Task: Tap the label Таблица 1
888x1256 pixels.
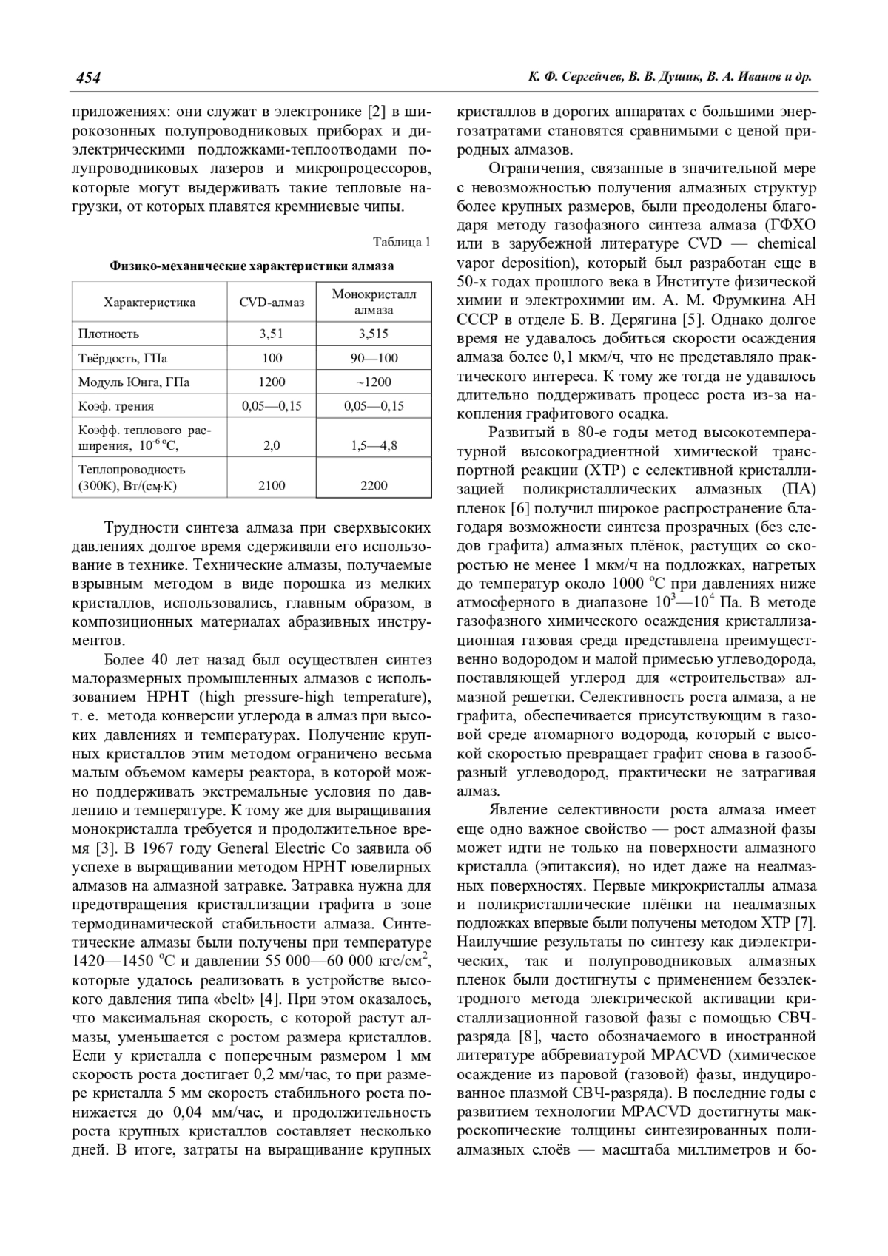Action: [x=402, y=242]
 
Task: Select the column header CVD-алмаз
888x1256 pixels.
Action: [x=272, y=303]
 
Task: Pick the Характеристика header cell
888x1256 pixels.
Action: [x=149, y=303]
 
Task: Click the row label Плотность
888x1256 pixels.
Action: [x=109, y=334]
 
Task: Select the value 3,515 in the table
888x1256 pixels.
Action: [x=373, y=334]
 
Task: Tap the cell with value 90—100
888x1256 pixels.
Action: [x=373, y=358]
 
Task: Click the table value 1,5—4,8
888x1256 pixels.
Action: [x=373, y=446]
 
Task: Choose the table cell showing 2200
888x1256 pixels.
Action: [x=373, y=486]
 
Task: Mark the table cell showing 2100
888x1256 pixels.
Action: [x=272, y=486]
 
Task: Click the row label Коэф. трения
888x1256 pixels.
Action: [x=116, y=406]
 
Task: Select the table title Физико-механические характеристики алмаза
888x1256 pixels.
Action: [x=252, y=266]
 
